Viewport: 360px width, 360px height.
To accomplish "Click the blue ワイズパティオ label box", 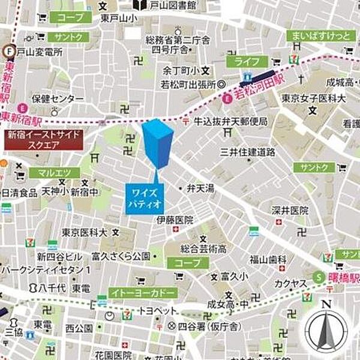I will [144, 199].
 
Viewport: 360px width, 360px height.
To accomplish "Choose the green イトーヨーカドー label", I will [143, 292].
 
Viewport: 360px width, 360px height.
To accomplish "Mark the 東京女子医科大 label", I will [314, 98].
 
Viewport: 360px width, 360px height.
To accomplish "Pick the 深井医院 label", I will [290, 211].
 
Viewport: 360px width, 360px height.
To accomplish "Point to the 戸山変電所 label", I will [39, 52].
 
